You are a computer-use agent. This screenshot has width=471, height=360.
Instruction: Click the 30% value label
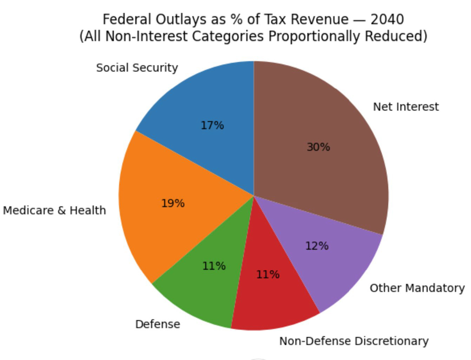[x=318, y=147]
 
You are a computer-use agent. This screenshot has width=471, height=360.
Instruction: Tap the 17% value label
[x=212, y=125]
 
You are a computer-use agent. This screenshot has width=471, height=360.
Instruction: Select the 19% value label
[x=173, y=203]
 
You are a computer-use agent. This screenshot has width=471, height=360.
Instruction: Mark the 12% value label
[x=317, y=246]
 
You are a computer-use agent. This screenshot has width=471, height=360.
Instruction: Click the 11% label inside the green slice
[x=214, y=266]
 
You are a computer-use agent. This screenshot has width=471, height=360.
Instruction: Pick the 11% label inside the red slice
[x=268, y=274]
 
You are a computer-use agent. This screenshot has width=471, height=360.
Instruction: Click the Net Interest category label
[x=406, y=107]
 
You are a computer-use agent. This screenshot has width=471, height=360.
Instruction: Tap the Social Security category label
[x=137, y=68]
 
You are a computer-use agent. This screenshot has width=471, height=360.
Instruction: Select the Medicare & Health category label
[x=54, y=210]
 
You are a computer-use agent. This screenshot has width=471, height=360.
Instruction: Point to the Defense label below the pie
[x=157, y=324]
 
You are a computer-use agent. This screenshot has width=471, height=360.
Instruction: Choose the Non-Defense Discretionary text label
[x=354, y=341]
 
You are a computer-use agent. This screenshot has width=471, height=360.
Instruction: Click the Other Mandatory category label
[x=417, y=288]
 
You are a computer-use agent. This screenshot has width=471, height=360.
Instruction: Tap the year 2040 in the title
[x=387, y=19]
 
